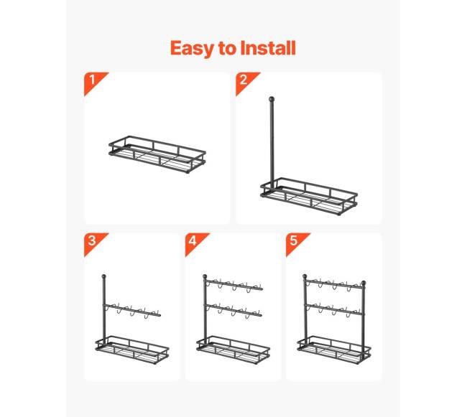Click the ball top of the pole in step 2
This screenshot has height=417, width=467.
272,99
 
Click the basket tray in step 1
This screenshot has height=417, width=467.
157,154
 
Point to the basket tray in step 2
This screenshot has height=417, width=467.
308,197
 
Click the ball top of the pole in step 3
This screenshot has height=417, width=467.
103,276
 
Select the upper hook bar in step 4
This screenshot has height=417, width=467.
233,285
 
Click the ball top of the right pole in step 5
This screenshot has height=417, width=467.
364,283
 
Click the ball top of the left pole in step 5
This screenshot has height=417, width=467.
305,276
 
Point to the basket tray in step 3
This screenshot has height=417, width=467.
132,350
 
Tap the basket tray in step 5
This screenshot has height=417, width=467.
334,350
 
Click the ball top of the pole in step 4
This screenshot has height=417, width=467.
205,276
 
